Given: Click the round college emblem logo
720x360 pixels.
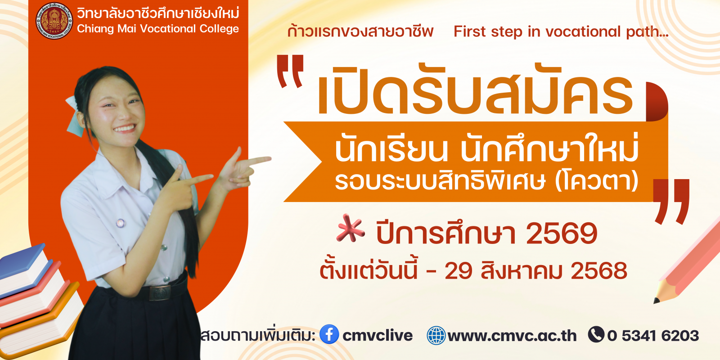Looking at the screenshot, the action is coord(54,21).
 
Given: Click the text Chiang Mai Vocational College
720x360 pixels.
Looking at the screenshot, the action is coord(158,29).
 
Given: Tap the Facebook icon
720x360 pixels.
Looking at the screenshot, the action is coord(329,334).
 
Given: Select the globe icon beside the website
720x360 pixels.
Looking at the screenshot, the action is coord(436,335).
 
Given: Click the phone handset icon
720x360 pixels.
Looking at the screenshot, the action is coord(596,334).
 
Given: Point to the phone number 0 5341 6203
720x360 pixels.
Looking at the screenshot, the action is coord(653,336).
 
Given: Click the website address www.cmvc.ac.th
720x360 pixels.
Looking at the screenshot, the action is coord(512,336).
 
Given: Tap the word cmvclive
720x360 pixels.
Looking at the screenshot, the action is coord(378,336).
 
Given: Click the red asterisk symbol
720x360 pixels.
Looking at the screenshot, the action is coord(350,228).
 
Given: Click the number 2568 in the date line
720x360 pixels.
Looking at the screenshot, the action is coord(599,271).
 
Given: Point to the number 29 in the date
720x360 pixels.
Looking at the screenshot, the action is coord(459,271).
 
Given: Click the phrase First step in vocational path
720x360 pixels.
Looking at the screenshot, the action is coord(561,31).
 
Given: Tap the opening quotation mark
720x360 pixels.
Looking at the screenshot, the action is coord(290,71).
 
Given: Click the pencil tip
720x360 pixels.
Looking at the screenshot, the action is coord(657,300).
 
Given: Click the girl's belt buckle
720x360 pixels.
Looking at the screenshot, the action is coord(160,293).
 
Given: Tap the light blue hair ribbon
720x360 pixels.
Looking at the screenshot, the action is coord(75,116).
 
